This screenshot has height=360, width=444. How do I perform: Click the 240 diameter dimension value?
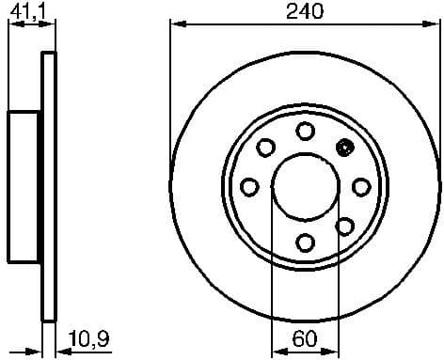[306, 11]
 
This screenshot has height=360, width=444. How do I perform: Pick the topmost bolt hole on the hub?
[305, 130]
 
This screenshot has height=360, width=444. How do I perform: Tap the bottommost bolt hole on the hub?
[305, 243]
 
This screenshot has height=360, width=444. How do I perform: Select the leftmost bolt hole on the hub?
[249, 186]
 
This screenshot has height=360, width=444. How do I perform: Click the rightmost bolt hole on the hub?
[361, 186]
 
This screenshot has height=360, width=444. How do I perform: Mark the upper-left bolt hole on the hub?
[266, 147]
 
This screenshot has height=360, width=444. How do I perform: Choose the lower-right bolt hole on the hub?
[344, 226]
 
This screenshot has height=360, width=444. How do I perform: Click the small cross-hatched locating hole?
[344, 147]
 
